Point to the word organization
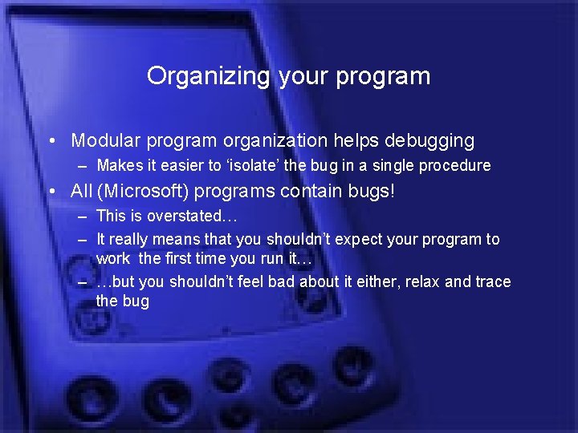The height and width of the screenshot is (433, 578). [x=275, y=141]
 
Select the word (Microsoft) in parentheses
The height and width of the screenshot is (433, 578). [x=141, y=192]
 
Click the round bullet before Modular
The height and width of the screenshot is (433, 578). [x=51, y=142]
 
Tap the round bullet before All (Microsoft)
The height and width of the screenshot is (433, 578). [x=51, y=192]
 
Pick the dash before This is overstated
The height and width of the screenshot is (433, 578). [x=83, y=216]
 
